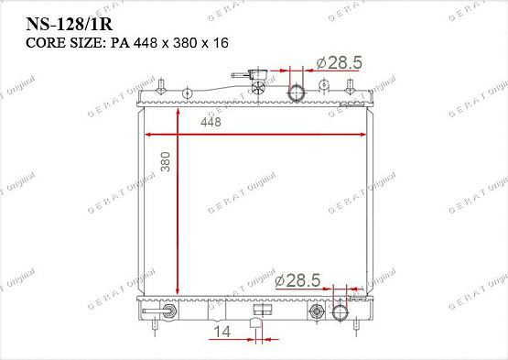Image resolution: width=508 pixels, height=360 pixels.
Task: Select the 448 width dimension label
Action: pyautogui.click(x=211, y=122)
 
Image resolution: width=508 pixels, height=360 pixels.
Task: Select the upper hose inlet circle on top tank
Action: pyautogui.click(x=297, y=93)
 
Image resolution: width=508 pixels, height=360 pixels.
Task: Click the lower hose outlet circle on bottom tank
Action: pyautogui.click(x=340, y=312)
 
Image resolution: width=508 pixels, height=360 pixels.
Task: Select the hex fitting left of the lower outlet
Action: pyautogui.click(x=318, y=312)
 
